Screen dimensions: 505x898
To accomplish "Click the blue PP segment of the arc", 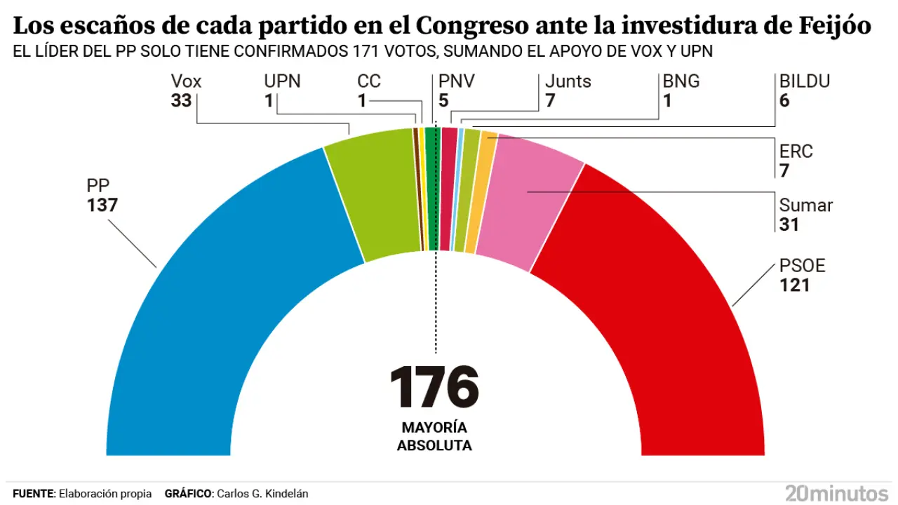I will coord(210,295).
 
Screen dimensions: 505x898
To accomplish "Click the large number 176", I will coord(434,387).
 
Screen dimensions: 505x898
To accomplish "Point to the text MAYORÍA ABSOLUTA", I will coord(434,436).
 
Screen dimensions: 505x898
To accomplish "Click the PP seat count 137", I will coord(102,206).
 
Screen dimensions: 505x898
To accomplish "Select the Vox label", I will coord(186,81).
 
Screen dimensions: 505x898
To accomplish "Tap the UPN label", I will coord(282,81).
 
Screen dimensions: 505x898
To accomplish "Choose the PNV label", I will coord(457,81).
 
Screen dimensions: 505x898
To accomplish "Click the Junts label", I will coord(568,81).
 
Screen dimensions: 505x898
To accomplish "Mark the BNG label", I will coord(681,81).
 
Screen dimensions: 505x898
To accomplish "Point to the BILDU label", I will coord(805,81).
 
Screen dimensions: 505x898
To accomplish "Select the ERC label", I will coord(796,151).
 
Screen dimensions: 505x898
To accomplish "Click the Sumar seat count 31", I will coord(789,224).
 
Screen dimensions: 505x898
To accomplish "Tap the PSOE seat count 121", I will coord(794,285).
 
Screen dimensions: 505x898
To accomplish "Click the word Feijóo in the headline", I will coord(835,27).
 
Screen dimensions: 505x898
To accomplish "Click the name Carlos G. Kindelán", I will coord(262,494).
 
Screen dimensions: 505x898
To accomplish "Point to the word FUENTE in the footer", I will coord(33,494).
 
